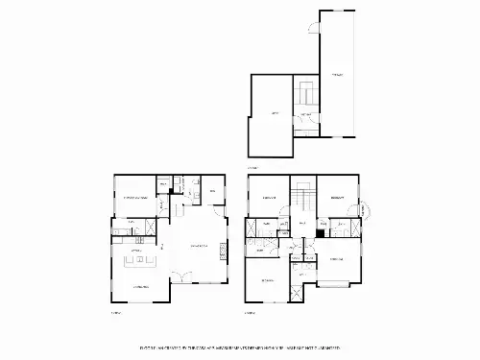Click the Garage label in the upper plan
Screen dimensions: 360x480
tap(336, 74)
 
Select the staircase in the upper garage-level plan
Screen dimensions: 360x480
tap(306, 94)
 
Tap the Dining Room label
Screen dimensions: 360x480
tap(140, 287)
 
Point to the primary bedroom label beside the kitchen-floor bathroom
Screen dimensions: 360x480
tap(140, 198)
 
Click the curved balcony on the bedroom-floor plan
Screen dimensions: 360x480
tap(365, 210)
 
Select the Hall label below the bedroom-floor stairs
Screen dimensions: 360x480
tap(302, 225)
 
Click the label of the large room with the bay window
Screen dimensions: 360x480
tap(336, 259)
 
